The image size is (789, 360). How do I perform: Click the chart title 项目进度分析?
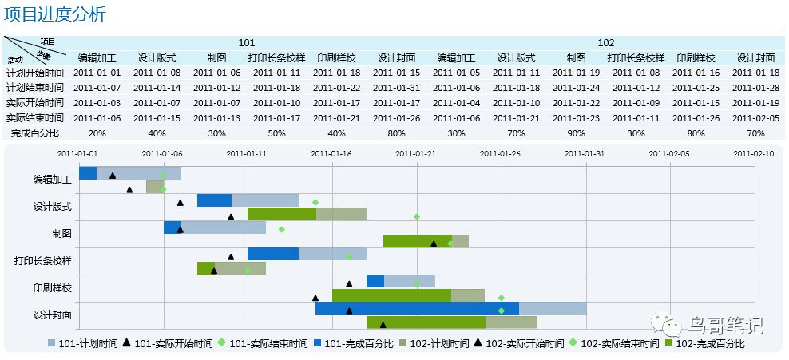54,14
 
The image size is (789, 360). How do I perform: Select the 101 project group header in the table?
247,43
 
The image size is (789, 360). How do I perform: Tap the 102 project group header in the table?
606,43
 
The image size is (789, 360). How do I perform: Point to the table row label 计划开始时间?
34,73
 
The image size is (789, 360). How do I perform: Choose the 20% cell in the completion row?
97,133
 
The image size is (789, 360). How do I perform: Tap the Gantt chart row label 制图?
61,234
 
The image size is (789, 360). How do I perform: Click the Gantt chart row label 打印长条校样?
42,261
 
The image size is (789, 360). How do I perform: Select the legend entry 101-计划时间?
88,344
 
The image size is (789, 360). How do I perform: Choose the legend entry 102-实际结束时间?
613,344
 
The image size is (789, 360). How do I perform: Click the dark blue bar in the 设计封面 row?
417,308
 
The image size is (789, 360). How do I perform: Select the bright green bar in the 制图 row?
418,241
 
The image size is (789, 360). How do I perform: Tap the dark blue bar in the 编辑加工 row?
88,173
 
